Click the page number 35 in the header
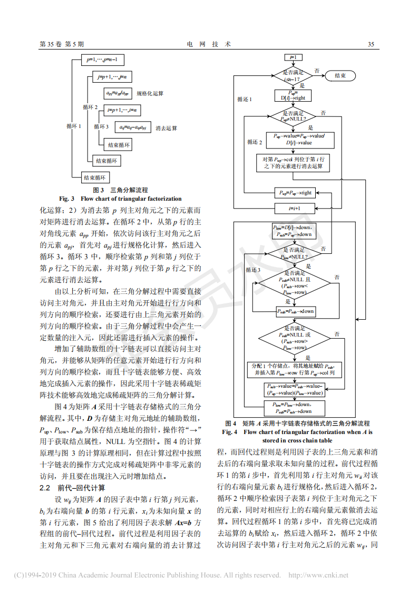point(371,44)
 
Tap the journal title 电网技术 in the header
point(209,44)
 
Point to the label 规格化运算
point(150,93)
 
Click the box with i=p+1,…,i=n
point(122,110)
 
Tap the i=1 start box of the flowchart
point(293,57)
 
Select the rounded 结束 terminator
point(340,76)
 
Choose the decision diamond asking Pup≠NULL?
point(293,116)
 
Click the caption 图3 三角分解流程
point(120,190)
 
